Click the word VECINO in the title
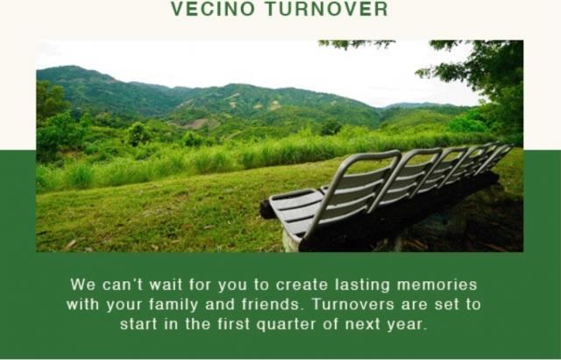(213, 9)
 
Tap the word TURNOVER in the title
(327, 9)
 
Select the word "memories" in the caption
(437, 285)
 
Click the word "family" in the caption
(174, 305)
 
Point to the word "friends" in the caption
(271, 305)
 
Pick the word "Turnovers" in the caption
(352, 305)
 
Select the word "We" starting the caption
(82, 285)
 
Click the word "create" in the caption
(302, 285)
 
